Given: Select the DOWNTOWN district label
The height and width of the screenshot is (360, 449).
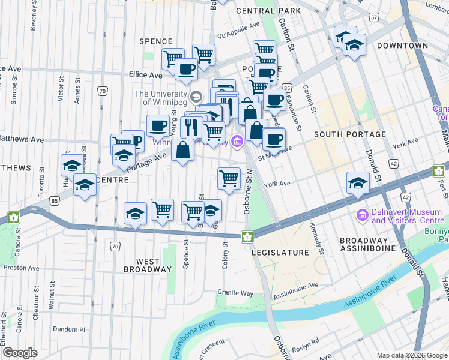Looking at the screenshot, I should coord(402,46).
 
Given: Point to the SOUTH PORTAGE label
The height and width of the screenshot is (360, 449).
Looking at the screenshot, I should coord(349,134).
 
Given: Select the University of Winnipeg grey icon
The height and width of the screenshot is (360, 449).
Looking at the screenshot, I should coord(196,97).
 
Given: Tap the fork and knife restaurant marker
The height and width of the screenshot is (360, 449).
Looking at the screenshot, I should coord(191,127).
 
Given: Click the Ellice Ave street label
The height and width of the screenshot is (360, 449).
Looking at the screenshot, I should coord(146,75).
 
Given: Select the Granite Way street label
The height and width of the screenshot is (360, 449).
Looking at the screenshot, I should coord(235,293).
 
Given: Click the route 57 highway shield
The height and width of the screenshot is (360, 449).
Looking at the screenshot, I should coord(375,18).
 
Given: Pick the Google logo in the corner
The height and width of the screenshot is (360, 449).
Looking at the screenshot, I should coord(20,353).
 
